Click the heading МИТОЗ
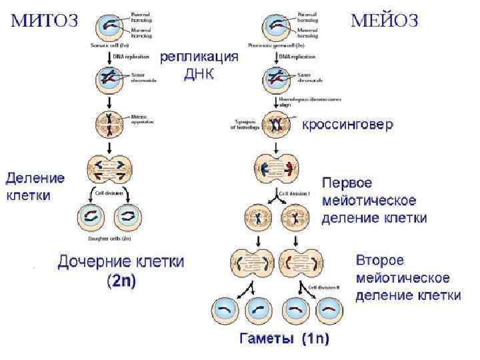click(x=43, y=20)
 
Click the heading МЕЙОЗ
click(x=385, y=21)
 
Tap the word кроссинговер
click(x=348, y=125)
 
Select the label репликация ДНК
click(x=199, y=65)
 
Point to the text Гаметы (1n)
click(x=285, y=339)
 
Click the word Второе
click(x=379, y=259)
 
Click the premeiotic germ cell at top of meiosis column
click(x=277, y=27)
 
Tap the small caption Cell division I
click(x=294, y=193)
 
